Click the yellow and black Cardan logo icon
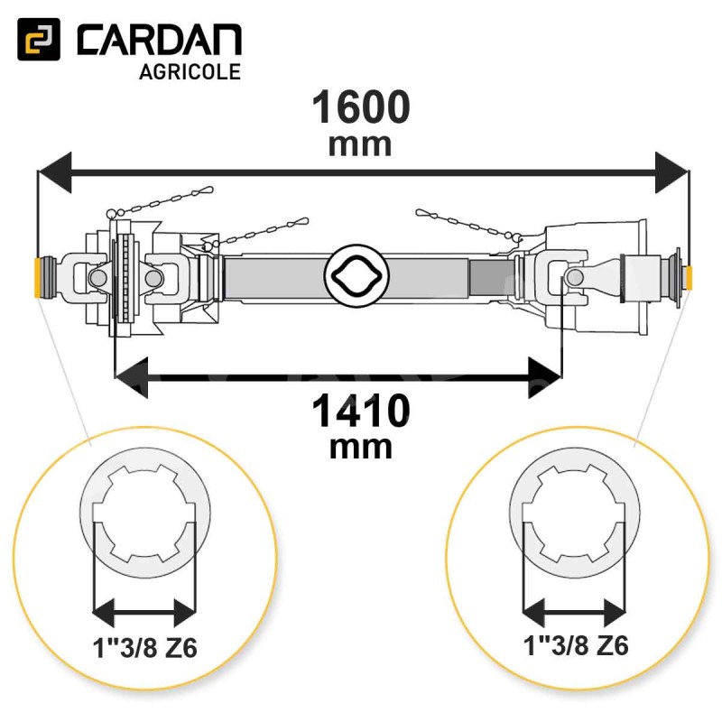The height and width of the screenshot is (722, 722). pyautogui.click(x=39, y=39)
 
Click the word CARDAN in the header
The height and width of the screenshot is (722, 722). pyautogui.click(x=160, y=40)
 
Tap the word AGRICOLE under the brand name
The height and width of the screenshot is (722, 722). pyautogui.click(x=190, y=72)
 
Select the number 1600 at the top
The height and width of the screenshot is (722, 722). pyautogui.click(x=361, y=106)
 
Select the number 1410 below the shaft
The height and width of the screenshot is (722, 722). pyautogui.click(x=361, y=412)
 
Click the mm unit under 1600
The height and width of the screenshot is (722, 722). pyautogui.click(x=360, y=145)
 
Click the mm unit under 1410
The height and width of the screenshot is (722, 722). pyautogui.click(x=361, y=448)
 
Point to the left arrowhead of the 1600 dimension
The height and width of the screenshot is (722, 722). pyautogui.click(x=54, y=172)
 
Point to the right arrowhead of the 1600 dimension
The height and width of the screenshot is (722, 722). pyautogui.click(x=672, y=172)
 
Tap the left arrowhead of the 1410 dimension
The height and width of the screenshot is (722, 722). pyautogui.click(x=131, y=377)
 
